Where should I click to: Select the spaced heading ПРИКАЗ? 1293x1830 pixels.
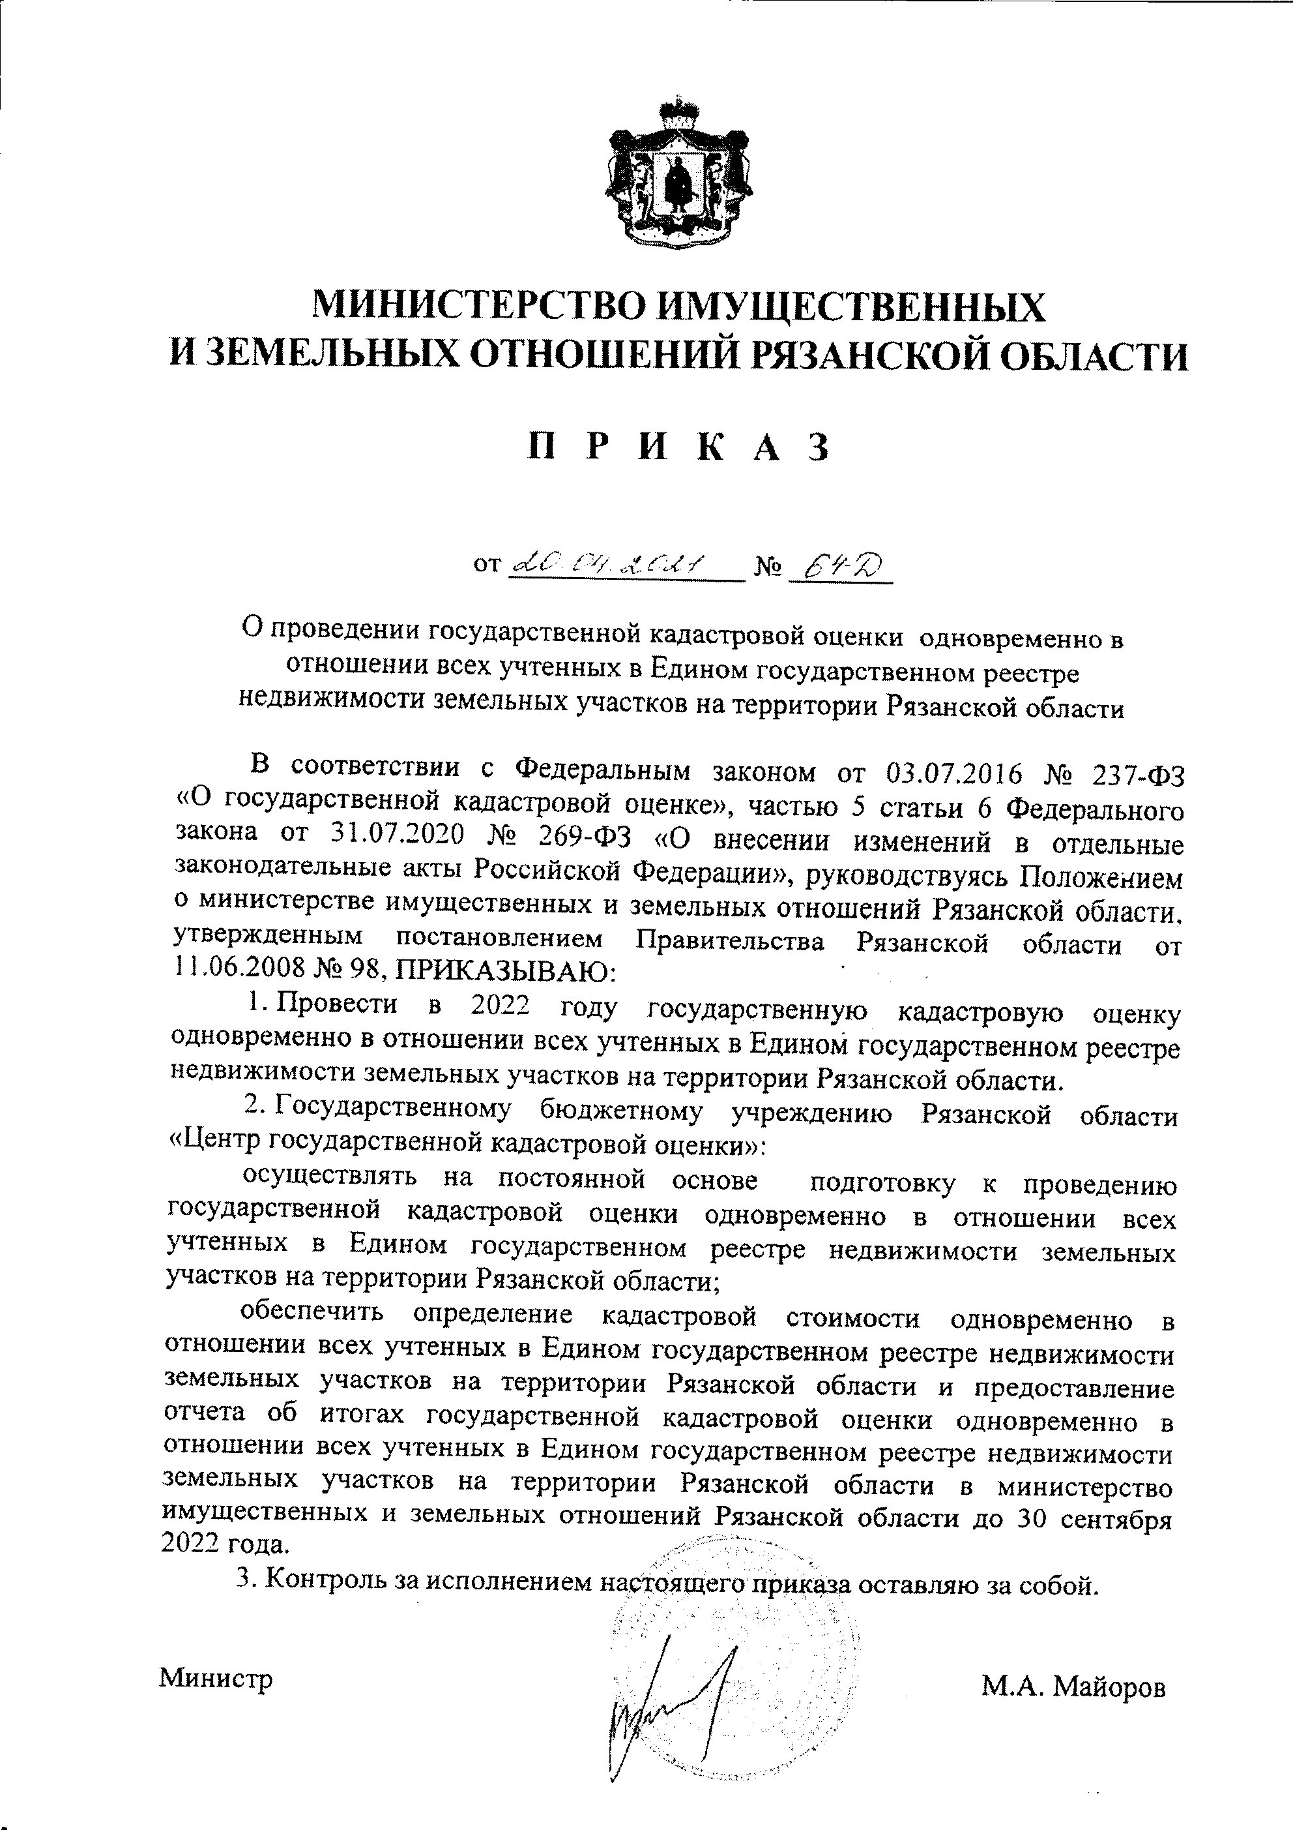(680, 448)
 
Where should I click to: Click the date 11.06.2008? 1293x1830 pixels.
(240, 970)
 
